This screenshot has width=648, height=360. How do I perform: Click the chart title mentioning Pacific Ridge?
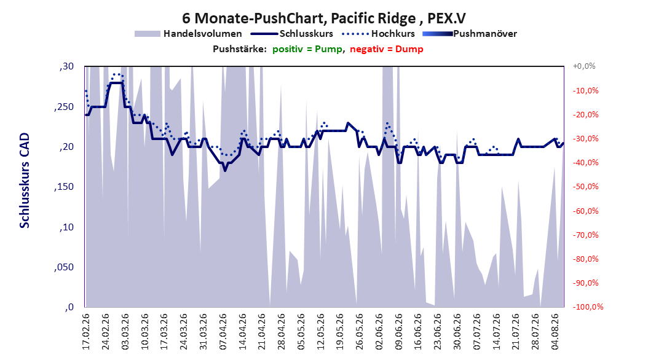pyautogui.click(x=324, y=18)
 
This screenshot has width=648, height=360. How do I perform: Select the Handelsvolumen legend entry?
pyautogui.click(x=189, y=34)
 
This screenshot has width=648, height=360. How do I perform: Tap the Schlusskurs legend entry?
pyautogui.click(x=293, y=34)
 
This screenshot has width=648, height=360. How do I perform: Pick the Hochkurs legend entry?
pyautogui.click(x=379, y=34)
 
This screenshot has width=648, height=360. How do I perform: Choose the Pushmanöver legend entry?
pyautogui.click(x=470, y=34)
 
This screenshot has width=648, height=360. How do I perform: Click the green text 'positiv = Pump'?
pyautogui.click(x=307, y=49)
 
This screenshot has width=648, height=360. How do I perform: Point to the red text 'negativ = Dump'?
pyautogui.click(x=387, y=49)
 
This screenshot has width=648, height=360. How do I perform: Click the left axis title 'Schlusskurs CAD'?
pyautogui.click(x=25, y=181)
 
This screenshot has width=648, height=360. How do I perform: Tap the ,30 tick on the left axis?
pyautogui.click(x=66, y=66)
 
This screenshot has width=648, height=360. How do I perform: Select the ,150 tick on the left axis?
pyautogui.click(x=64, y=187)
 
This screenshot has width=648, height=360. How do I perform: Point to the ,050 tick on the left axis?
pyautogui.click(x=64, y=267)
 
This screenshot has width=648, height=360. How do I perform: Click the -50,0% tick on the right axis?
pyautogui.click(x=585, y=187)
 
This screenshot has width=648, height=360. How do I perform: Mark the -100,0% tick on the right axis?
pyautogui.click(x=588, y=307)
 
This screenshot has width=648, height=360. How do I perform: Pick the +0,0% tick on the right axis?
pyautogui.click(x=584, y=66)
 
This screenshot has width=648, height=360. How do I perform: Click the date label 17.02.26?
pyautogui.click(x=86, y=332)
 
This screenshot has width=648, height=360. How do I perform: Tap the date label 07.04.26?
pyautogui.click(x=223, y=332)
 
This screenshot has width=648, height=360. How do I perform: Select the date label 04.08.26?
pyautogui.click(x=555, y=332)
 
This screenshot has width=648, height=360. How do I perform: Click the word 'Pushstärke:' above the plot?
pyautogui.click(x=240, y=49)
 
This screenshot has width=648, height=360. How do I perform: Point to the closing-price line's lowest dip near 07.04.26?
pyautogui.click(x=225, y=170)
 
